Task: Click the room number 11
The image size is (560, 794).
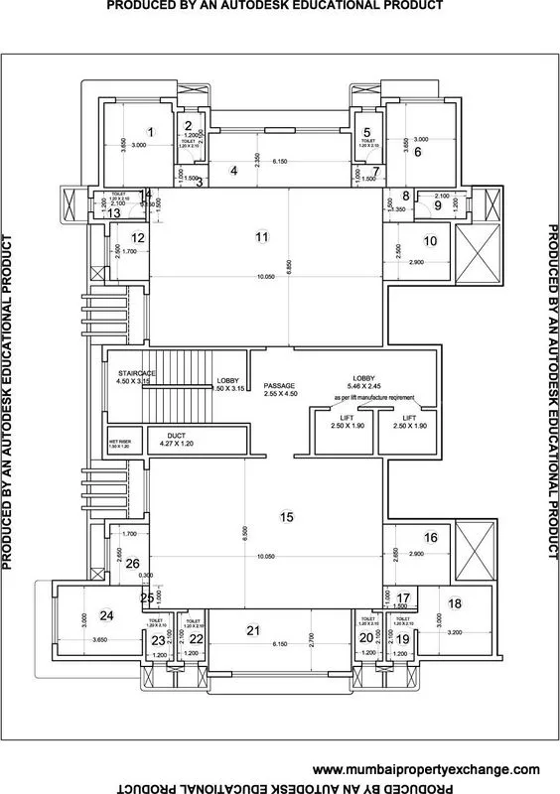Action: click(261, 237)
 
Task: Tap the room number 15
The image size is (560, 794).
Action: click(287, 516)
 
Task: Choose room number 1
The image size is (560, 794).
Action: click(151, 132)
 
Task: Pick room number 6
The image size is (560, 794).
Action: click(418, 152)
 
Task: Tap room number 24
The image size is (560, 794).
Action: click(106, 615)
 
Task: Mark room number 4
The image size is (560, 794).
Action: click(233, 171)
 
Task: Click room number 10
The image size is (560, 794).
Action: click(430, 240)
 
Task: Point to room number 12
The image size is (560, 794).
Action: click(138, 237)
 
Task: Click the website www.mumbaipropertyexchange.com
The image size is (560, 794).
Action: click(426, 769)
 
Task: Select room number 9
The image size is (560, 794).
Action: click(437, 205)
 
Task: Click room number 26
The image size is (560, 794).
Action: click(132, 564)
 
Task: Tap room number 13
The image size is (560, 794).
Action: click(114, 212)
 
